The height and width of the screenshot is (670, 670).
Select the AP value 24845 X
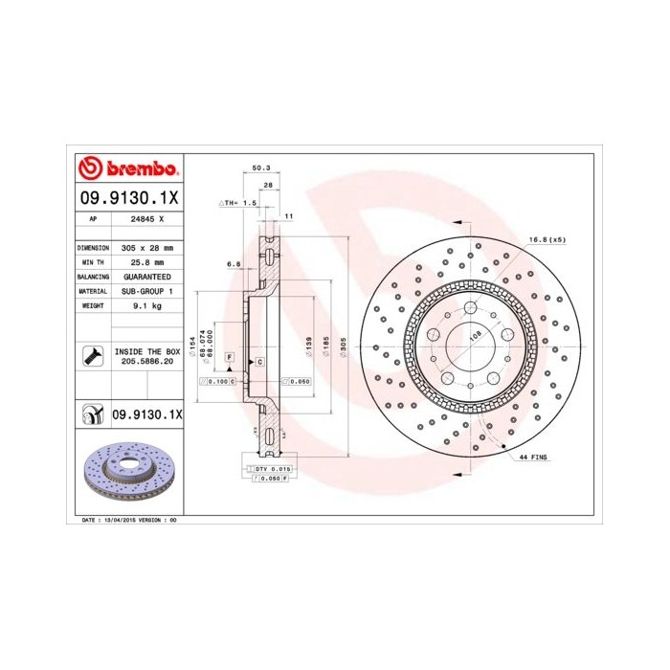(x=146, y=219)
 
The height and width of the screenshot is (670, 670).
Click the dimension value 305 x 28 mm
(x=146, y=247)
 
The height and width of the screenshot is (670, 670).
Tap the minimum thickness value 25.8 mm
(x=146, y=261)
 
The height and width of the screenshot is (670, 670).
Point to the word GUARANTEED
(x=146, y=276)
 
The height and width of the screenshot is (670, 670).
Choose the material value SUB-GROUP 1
(x=146, y=290)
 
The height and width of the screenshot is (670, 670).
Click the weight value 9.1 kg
(x=146, y=304)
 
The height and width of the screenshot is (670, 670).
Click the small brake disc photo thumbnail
(x=128, y=474)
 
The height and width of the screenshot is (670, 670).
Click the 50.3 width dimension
(x=259, y=168)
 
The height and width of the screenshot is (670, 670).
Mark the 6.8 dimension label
(x=233, y=263)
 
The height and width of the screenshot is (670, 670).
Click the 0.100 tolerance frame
(x=218, y=381)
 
